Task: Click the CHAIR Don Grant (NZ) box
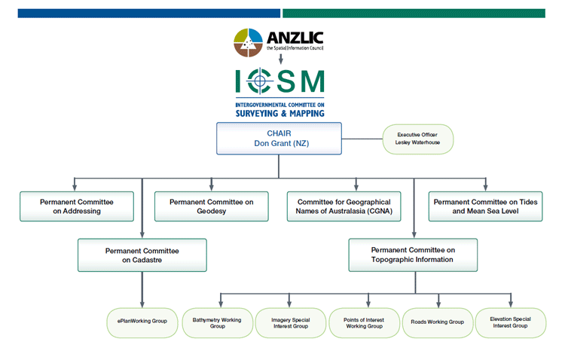279,139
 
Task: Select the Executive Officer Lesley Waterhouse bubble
417,139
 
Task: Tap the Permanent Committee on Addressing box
77,206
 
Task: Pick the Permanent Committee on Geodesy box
212,206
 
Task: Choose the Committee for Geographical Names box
344,206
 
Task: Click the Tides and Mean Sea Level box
485,206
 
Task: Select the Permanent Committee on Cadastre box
142,255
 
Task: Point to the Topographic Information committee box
413,255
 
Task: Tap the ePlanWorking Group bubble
142,323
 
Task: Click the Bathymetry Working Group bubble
217,323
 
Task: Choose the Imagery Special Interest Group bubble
291,323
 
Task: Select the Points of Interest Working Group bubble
365,323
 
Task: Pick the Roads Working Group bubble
438,323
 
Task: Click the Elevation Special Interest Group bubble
511,323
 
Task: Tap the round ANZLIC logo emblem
249,42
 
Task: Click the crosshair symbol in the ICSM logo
260,81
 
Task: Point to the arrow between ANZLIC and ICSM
281,59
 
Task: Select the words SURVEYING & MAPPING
280,114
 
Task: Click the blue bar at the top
149,14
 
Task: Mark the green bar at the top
414,14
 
